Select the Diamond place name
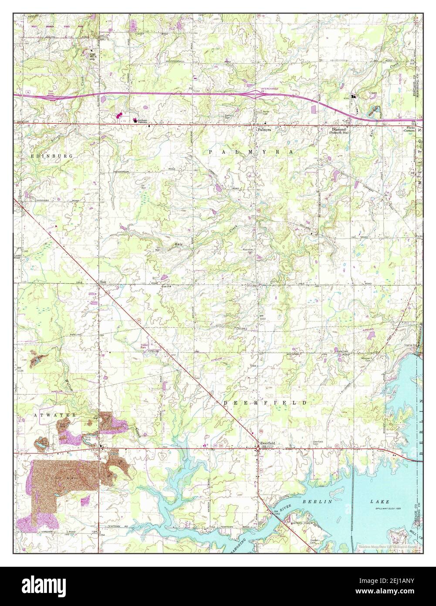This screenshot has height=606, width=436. click(x=338, y=129)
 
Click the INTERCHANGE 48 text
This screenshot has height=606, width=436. click(x=269, y=90)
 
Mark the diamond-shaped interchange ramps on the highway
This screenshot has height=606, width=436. click(x=252, y=94)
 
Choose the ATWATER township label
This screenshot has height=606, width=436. click(x=49, y=415)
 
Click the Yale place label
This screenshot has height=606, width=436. click(x=103, y=282)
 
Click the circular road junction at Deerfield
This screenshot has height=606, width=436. click(x=258, y=447)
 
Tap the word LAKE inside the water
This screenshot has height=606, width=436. click(x=380, y=502)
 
